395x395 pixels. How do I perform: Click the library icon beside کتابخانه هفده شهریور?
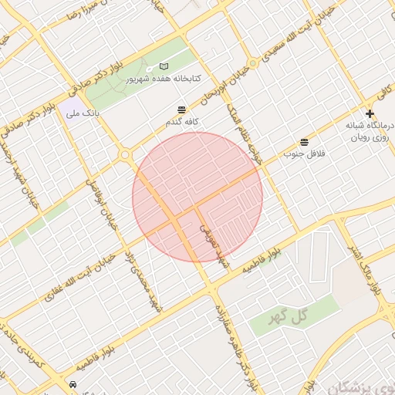[x=163, y=67]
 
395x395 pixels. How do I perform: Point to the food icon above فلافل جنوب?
[x=304, y=143]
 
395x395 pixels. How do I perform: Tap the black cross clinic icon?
[x=370, y=113]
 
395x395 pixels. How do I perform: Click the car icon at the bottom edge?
[x=73, y=383]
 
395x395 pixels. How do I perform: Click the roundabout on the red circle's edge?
[x=125, y=156]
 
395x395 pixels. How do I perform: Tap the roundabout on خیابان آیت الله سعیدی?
[x=252, y=63]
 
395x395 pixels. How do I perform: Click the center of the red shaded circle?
[x=197, y=197]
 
